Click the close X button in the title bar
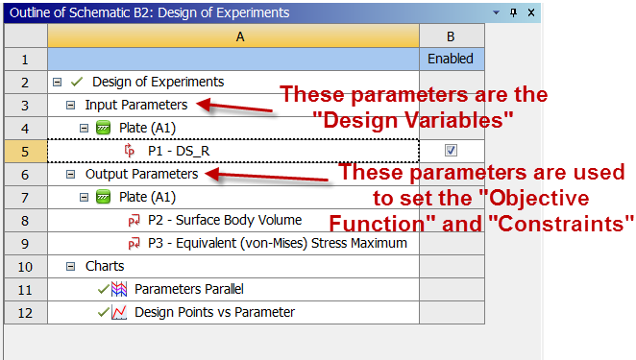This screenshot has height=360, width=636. pyautogui.click(x=531, y=12)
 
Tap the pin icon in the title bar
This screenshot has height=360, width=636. pyautogui.click(x=513, y=12)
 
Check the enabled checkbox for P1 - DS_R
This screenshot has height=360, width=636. pyautogui.click(x=451, y=151)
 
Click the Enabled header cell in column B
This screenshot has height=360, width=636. pyautogui.click(x=451, y=59)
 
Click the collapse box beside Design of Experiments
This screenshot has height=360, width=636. pyautogui.click(x=58, y=82)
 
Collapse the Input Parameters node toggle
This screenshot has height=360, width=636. pyautogui.click(x=70, y=105)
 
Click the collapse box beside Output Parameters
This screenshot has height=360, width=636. pyautogui.click(x=70, y=174)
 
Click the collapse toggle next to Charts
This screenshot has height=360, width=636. pyautogui.click(x=70, y=266)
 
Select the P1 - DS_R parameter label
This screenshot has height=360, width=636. pyautogui.click(x=179, y=152)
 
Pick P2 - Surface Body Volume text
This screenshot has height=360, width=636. pyautogui.click(x=225, y=220)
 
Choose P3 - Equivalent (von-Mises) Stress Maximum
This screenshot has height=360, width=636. pyautogui.click(x=278, y=243)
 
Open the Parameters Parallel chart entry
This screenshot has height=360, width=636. pyautogui.click(x=189, y=289)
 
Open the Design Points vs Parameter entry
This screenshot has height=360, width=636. pyautogui.click(x=214, y=312)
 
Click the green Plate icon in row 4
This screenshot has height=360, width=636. pyautogui.click(x=103, y=128)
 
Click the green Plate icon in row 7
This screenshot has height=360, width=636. pyautogui.click(x=103, y=198)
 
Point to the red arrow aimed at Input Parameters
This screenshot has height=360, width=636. pyautogui.click(x=234, y=107)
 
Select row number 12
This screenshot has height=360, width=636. pyautogui.click(x=25, y=313)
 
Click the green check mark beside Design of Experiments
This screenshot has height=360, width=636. pyautogui.click(x=77, y=82)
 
